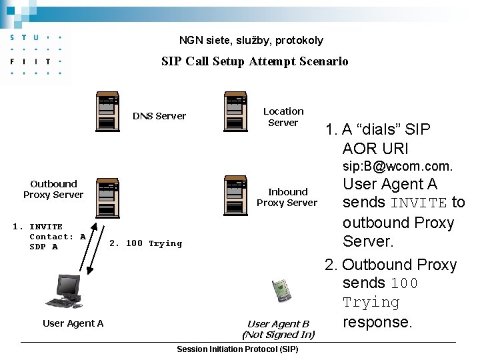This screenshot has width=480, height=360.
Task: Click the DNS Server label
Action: pos(159,116)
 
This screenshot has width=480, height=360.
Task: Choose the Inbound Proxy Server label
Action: pos(287,197)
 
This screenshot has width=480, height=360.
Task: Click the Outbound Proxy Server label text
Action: pos(53,189)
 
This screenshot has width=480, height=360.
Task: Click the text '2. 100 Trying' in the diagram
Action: pos(145,243)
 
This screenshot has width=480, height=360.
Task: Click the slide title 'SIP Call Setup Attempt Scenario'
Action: pos(255,61)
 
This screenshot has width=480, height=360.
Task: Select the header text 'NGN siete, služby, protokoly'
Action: pos(251,41)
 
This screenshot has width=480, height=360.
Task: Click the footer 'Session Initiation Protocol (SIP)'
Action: pos(237,349)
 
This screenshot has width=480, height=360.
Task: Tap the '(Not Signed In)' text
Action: pos(278,335)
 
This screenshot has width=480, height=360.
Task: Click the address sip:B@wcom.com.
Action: pos(397,166)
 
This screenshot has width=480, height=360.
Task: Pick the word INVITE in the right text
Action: pos(419,203)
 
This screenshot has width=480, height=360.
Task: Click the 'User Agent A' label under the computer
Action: pos(73,323)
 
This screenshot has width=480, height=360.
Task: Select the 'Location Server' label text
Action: pos(283,117)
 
